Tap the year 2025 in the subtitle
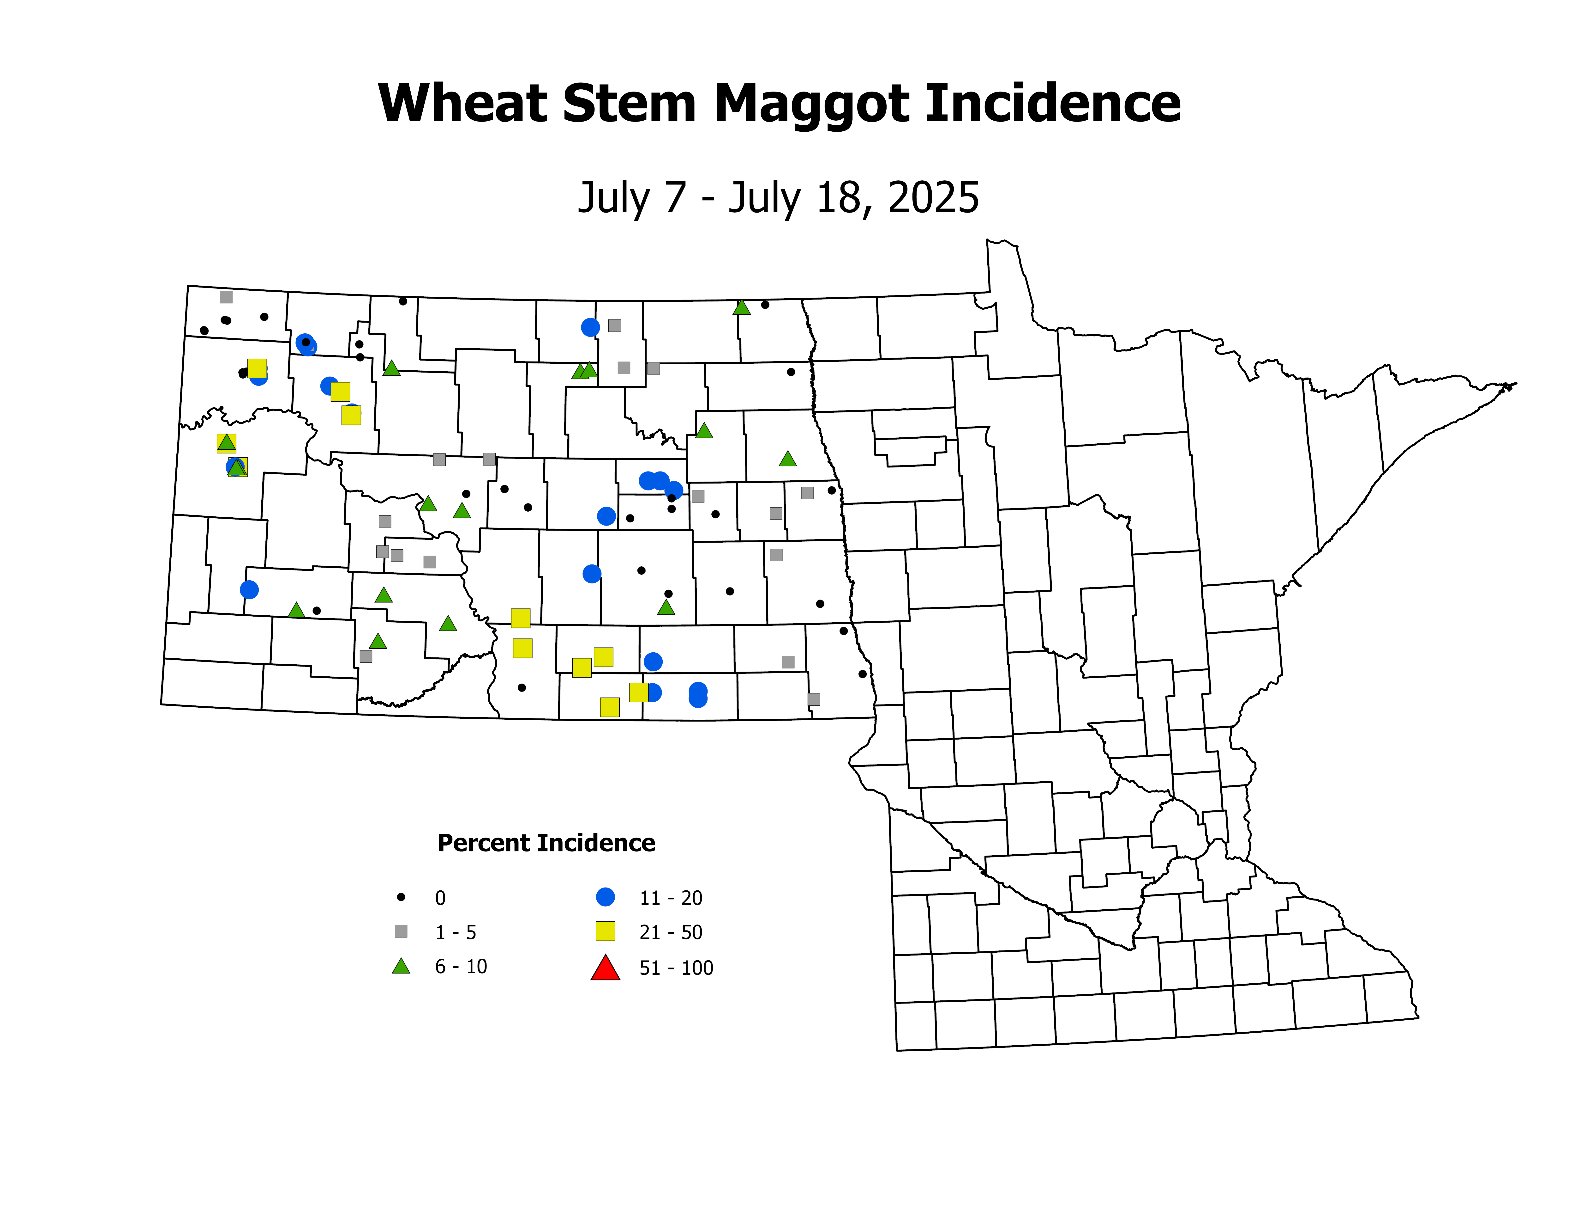[933, 197]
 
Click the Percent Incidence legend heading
[546, 843]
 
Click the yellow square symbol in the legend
[605, 931]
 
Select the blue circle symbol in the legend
[605, 897]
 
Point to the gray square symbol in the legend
[401, 931]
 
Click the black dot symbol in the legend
[401, 897]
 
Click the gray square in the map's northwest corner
[226, 297]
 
